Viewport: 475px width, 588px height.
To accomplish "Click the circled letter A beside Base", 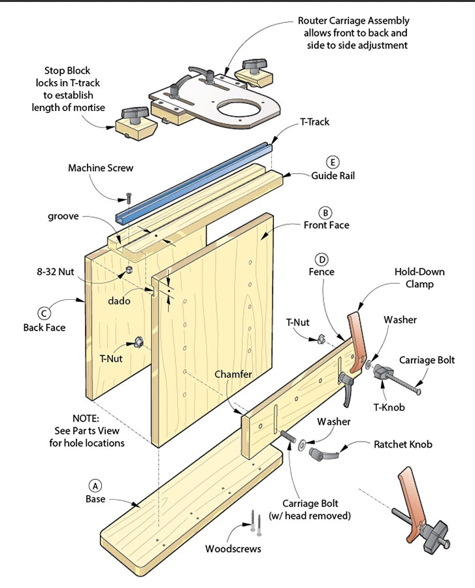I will [x=95, y=485].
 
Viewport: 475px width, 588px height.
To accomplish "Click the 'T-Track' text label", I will [x=315, y=122].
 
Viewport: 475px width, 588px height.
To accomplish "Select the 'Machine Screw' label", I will [x=101, y=168].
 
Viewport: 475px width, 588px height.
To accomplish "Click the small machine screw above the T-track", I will [x=129, y=198].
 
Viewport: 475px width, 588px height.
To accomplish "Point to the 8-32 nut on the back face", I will [x=128, y=270].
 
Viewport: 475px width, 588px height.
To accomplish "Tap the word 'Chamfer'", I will [x=233, y=374].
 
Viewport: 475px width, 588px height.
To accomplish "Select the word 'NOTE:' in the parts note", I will [x=86, y=417].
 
